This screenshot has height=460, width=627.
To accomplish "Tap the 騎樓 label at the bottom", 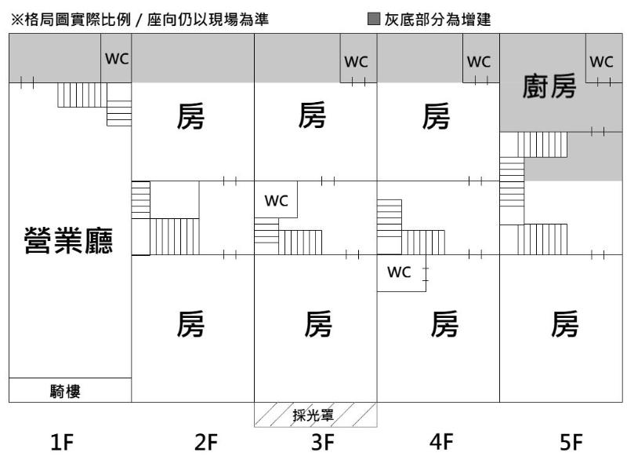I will [68, 391].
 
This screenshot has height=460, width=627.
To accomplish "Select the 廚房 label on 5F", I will [549, 88].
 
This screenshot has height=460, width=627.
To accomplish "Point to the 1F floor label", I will [62, 444].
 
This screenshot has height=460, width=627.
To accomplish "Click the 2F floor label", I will [205, 444].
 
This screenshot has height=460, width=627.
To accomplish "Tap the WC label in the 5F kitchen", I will [601, 61].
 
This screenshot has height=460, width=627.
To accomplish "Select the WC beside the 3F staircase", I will [276, 201].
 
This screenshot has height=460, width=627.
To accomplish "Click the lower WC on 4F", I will [400, 273].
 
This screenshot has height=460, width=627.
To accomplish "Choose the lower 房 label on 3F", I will [317, 323].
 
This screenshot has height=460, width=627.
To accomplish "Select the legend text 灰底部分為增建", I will [437, 20].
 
